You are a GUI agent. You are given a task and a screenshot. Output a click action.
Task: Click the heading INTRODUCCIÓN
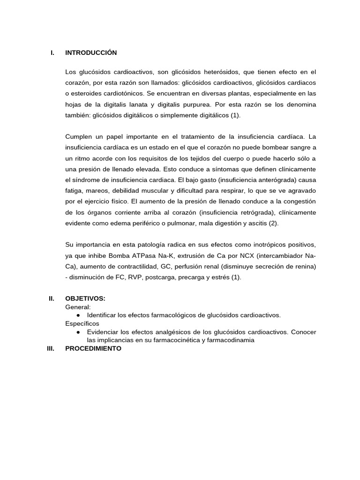(x=91, y=53)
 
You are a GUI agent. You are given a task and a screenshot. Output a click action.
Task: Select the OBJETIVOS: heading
(x=85, y=299)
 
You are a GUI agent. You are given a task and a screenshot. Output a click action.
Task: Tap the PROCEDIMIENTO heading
(x=93, y=348)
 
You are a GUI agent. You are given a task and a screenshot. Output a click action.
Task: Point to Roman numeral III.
(x=51, y=348)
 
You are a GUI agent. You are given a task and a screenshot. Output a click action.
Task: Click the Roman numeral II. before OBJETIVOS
(x=52, y=299)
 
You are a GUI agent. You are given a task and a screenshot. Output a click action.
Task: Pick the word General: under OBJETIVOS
(x=78, y=307)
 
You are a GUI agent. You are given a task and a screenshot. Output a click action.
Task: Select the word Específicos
(x=82, y=323)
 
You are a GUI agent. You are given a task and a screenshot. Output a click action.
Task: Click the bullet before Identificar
(x=78, y=315)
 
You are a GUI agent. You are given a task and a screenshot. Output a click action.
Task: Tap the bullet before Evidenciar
(x=78, y=332)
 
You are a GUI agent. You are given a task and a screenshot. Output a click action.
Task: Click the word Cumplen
(x=80, y=136)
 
